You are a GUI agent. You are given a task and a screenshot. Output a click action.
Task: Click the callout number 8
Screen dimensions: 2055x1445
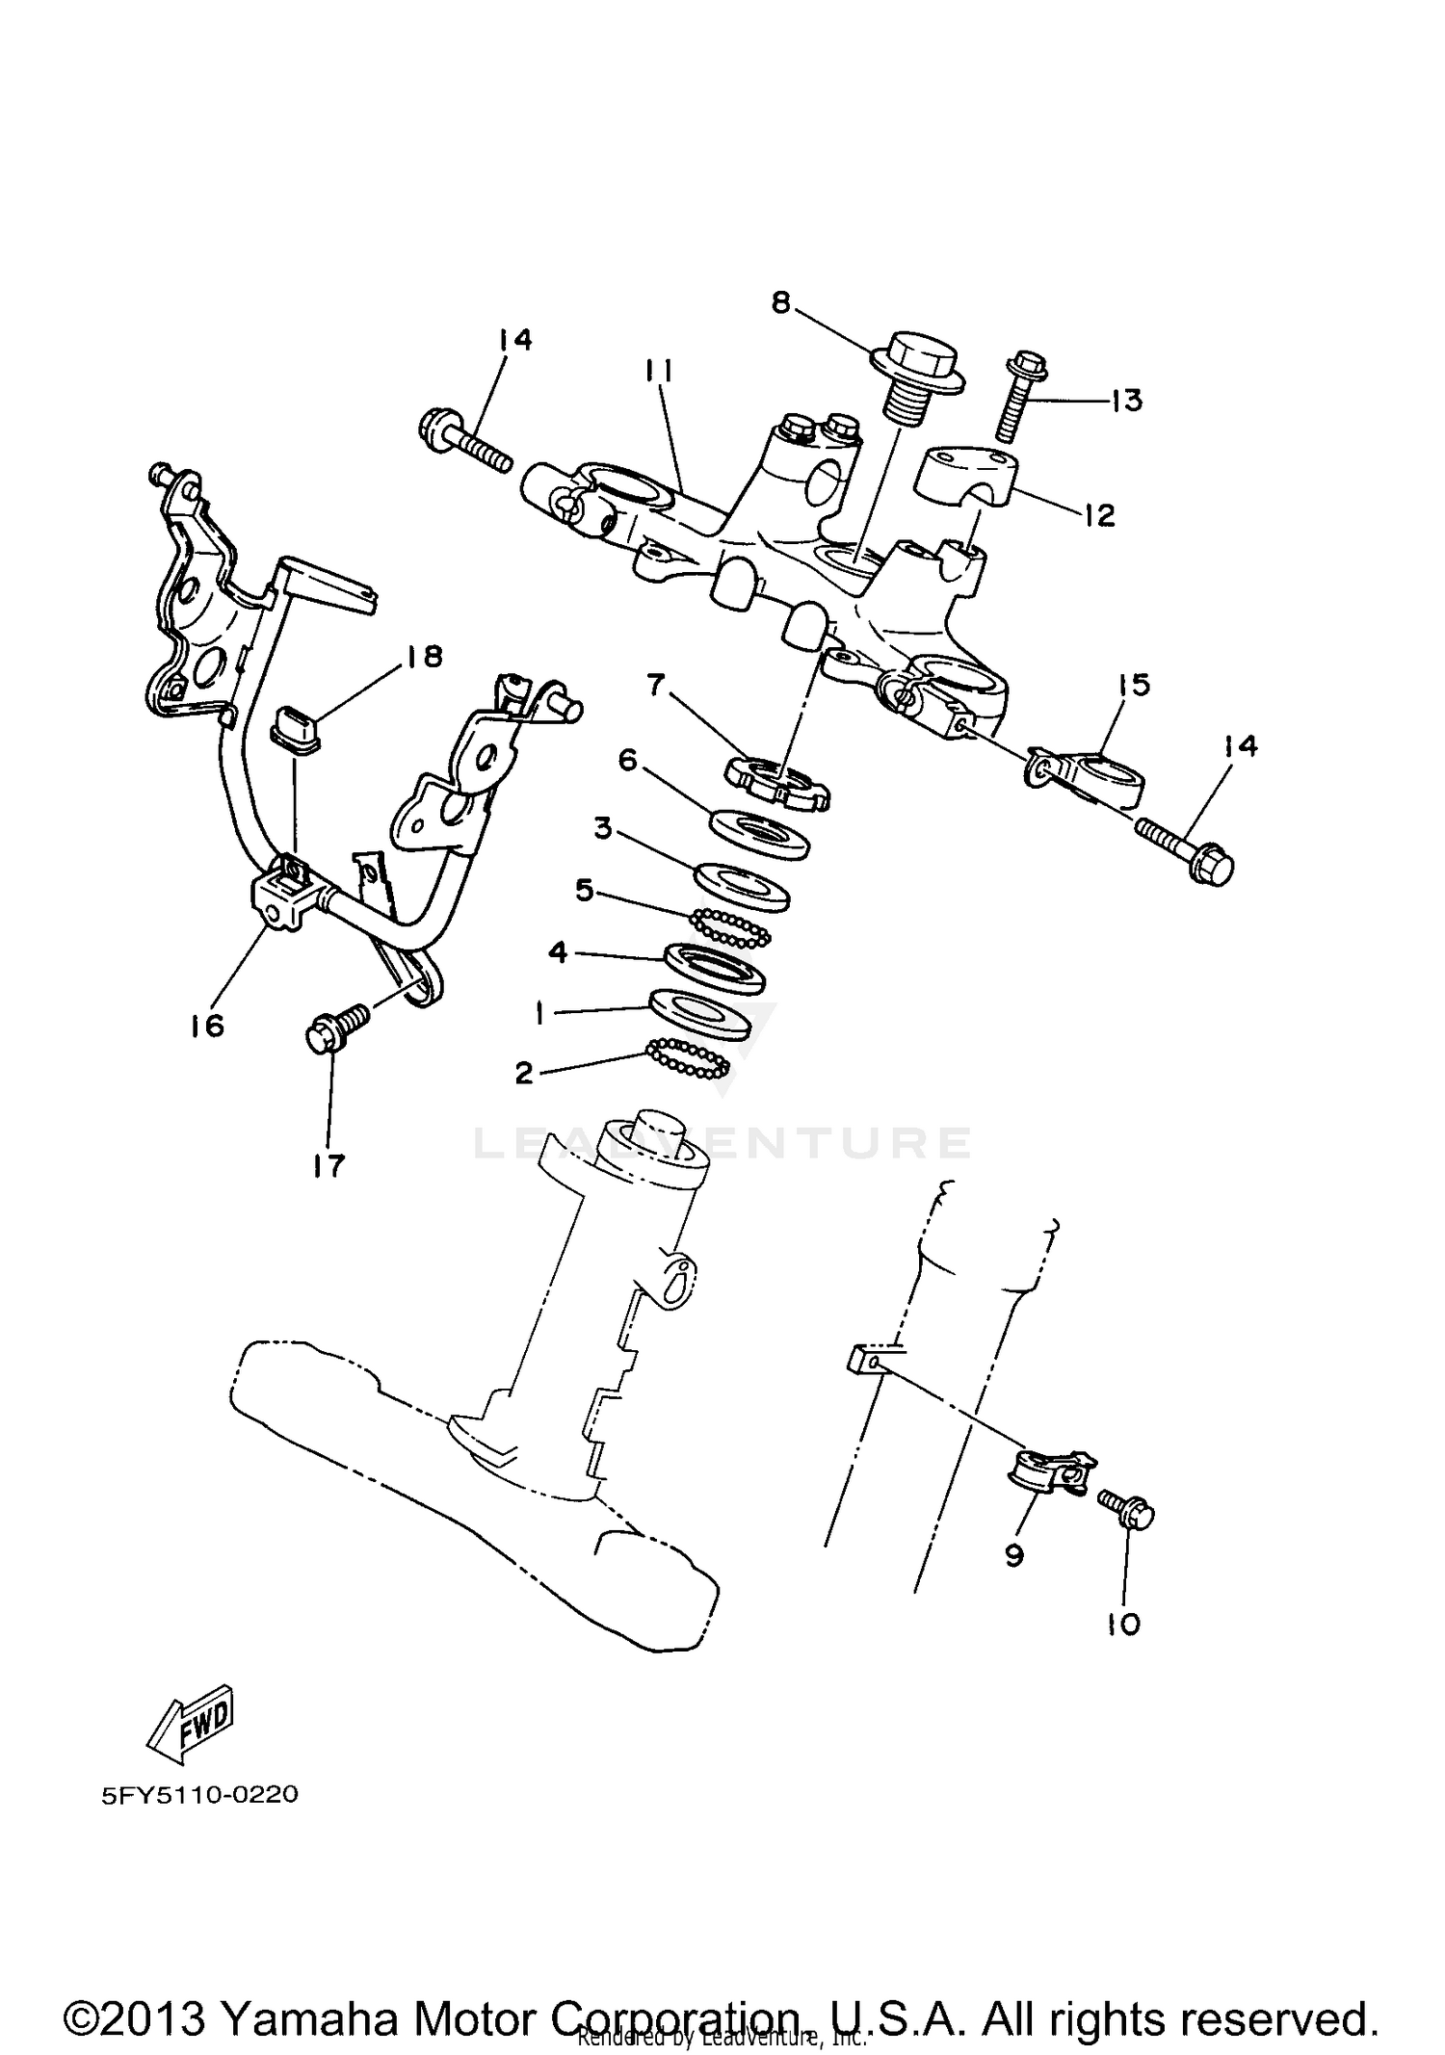(x=780, y=302)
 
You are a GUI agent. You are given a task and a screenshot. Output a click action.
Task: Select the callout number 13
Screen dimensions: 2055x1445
(x=1125, y=400)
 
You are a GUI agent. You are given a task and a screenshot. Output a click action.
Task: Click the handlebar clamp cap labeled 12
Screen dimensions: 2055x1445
(x=967, y=479)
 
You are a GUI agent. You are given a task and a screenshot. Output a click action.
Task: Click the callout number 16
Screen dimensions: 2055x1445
(x=207, y=1026)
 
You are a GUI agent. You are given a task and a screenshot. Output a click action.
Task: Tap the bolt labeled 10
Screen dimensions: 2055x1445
(x=1129, y=1516)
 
